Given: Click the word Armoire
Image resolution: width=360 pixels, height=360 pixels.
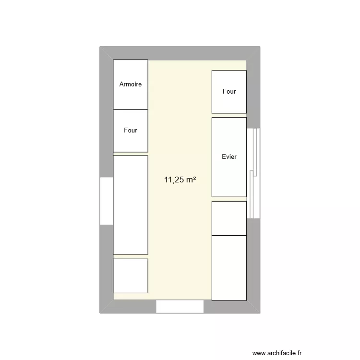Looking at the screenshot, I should point(131,84).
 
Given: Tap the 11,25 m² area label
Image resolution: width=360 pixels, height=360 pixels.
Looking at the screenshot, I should point(180,180).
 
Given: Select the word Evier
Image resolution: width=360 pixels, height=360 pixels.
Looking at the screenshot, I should point(229,156).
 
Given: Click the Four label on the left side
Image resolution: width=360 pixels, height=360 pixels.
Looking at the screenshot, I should point(131,130).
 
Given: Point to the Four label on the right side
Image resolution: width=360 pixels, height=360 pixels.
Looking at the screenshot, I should point(229,91).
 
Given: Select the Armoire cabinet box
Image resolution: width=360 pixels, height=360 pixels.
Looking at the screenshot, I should point(131,72).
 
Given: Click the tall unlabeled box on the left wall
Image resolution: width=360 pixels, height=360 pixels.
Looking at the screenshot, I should point(131,204).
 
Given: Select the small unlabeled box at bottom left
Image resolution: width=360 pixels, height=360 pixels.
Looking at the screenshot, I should point(131,276).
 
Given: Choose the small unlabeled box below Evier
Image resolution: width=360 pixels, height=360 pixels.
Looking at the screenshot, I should point(229,218).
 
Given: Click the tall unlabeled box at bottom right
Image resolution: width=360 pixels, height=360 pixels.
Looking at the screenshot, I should point(229,267).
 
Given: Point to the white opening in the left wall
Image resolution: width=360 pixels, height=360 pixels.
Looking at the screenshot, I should point(106,201).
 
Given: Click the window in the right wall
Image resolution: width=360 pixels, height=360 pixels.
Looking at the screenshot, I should point(253,173).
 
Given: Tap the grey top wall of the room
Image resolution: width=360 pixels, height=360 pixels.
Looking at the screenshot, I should point(180,53).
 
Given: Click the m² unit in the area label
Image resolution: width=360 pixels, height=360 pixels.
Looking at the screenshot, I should point(191,180).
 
